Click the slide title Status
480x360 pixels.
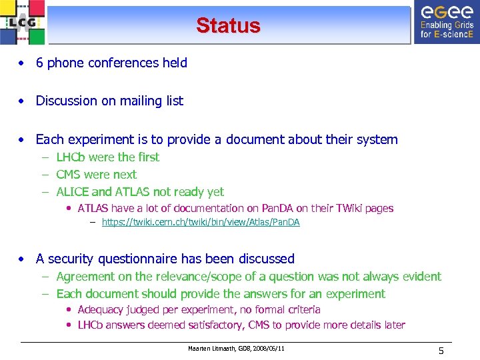click(x=228, y=26)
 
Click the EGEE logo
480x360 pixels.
click(x=446, y=22)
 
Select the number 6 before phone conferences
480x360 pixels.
click(x=40, y=63)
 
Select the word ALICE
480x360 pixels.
click(x=73, y=192)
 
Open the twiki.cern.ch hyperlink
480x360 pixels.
click(x=201, y=223)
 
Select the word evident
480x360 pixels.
click(x=421, y=277)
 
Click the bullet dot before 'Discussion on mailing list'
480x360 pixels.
click(x=23, y=101)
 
